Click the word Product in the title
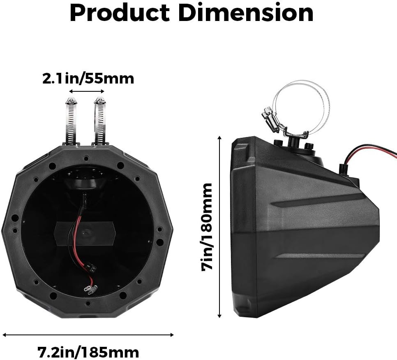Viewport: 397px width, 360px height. [120, 13]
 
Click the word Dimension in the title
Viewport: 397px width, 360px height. [246, 13]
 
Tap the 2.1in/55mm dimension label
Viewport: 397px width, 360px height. [88, 79]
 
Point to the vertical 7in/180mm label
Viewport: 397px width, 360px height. [206, 227]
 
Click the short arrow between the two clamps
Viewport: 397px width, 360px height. [87, 91]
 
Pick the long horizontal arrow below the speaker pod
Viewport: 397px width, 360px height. [88, 334]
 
